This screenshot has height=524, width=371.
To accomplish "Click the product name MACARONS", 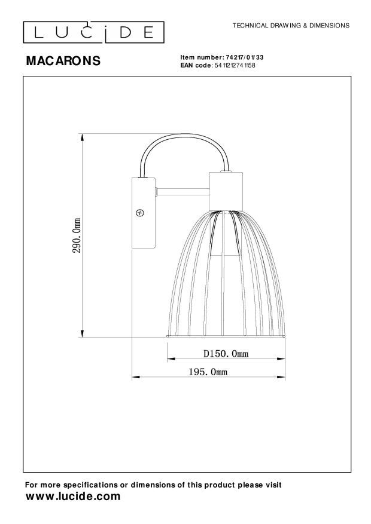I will [x=63, y=61].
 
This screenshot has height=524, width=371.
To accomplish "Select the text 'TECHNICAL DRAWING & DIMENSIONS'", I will [x=290, y=26].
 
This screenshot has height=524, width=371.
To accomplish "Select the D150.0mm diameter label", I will [x=225, y=354].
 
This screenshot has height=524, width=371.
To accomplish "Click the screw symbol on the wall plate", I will [x=141, y=212].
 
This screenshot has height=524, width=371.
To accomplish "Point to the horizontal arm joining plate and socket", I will [x=182, y=192].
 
